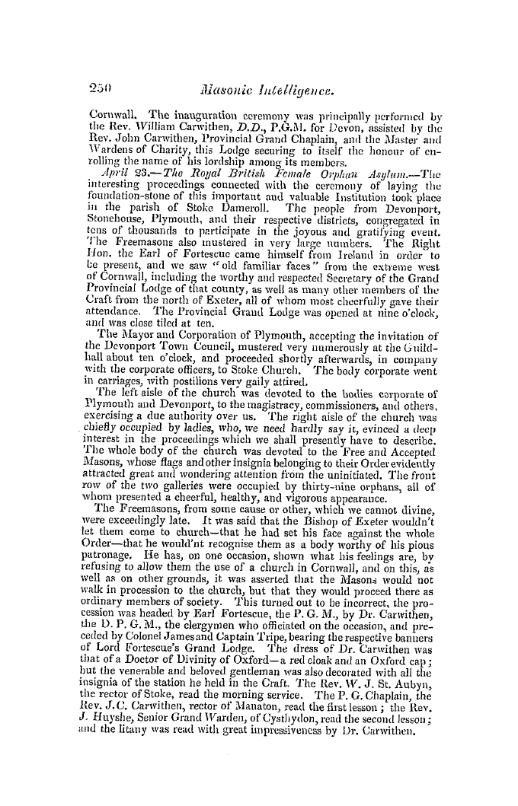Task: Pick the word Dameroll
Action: [x=241, y=183]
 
